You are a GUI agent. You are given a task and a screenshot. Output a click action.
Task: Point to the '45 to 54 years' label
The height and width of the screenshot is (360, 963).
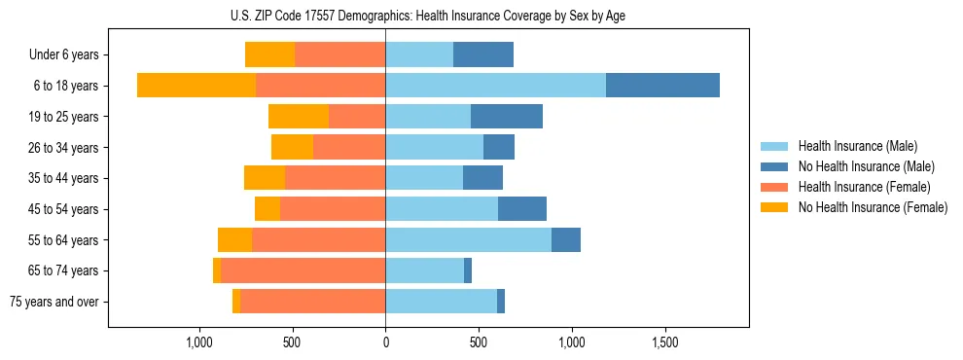click(x=63, y=209)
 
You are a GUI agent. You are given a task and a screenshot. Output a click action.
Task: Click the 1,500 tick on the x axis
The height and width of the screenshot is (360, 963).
click(x=664, y=343)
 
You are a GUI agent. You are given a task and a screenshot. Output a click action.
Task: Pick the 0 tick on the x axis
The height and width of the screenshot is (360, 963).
click(x=385, y=343)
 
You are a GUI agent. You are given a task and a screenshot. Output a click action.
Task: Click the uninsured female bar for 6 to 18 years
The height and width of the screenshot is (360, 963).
click(x=196, y=86)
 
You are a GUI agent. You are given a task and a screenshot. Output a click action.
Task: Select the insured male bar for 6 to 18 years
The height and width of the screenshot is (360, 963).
click(x=495, y=86)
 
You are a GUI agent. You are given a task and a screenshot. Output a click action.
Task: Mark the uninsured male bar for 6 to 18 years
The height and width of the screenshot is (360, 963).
click(x=662, y=86)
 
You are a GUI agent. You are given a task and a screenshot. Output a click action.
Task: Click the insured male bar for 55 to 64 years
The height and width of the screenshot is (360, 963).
click(x=468, y=239)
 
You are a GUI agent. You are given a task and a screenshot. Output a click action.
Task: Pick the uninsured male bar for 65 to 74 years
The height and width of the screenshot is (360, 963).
click(x=468, y=270)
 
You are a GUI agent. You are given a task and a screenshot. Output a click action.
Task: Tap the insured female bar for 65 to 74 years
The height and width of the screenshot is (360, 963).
click(x=303, y=270)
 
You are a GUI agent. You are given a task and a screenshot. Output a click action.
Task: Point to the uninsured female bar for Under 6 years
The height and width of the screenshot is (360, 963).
click(x=269, y=54)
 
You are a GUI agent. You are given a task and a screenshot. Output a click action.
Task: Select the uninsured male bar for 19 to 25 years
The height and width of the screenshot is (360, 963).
click(x=507, y=117)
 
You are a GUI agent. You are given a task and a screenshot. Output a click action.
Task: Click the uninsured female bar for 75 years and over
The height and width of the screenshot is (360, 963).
click(x=236, y=302)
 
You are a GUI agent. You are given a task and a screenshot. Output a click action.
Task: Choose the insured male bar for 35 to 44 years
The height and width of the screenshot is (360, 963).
click(x=424, y=178)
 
